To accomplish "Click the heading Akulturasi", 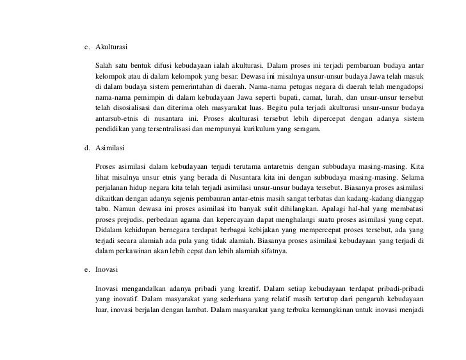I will pos(112,47).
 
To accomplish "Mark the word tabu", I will pos(101,208).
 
